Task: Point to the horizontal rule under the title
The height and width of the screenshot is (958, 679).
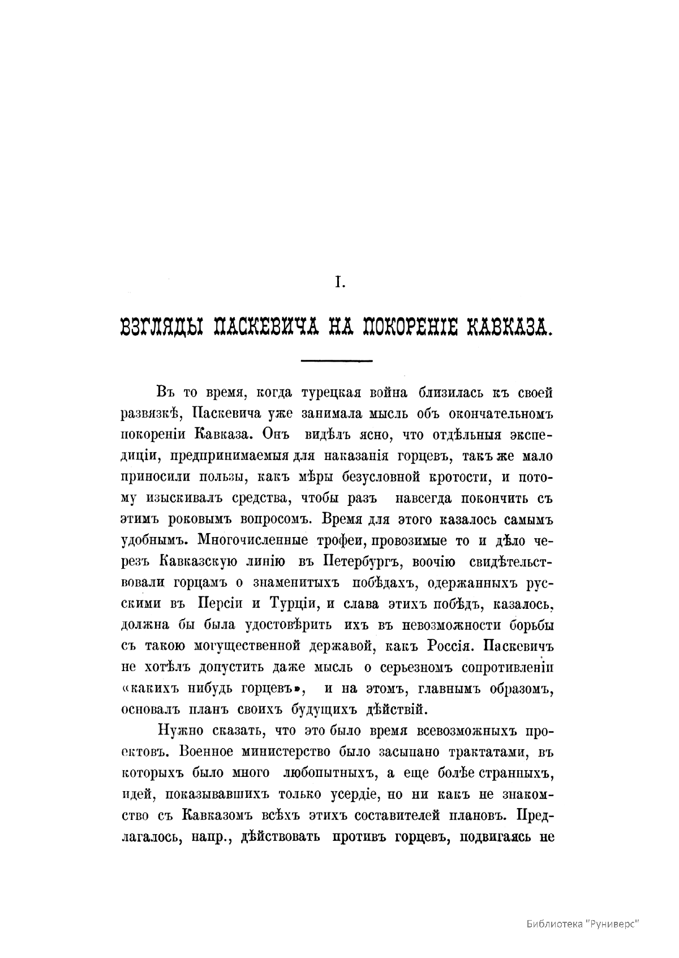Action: coord(338,360)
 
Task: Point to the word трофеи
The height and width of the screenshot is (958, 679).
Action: coord(338,540)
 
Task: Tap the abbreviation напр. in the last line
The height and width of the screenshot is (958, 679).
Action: coord(213,836)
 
